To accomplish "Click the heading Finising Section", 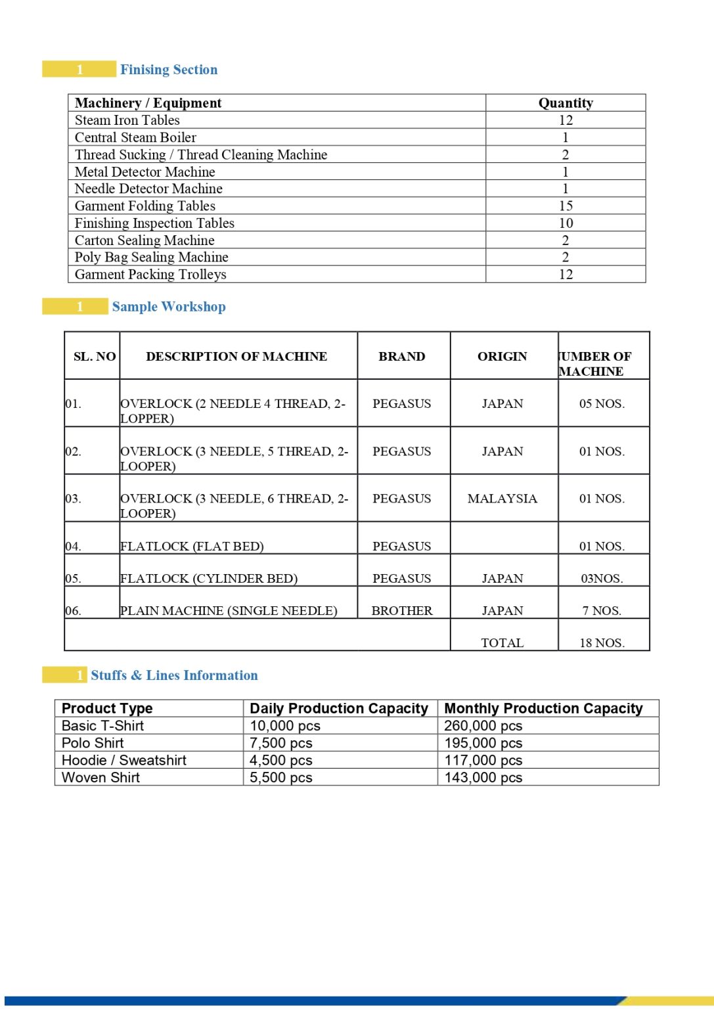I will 169,70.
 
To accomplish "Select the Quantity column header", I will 566,103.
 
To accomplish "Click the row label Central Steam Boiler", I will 135,137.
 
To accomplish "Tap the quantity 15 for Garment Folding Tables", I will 566,206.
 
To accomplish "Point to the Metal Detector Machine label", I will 145,172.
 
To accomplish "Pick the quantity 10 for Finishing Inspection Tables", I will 566,223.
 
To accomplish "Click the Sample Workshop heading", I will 169,307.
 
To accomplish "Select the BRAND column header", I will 402,357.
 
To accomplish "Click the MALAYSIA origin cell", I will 502,499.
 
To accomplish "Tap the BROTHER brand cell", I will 402,611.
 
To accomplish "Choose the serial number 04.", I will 73,547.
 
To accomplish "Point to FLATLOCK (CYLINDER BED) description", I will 209,579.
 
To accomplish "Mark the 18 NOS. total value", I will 602,643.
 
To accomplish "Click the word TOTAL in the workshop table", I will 502,643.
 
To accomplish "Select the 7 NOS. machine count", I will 602,611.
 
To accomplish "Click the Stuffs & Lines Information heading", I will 174,675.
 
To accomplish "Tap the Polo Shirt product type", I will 93,743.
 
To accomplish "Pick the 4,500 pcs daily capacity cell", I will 281,760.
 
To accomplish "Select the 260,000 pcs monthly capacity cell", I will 483,726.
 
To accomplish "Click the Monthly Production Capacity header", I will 543,708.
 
